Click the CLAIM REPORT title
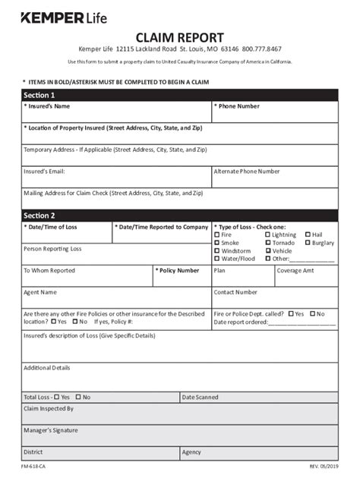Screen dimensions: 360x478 (x=179, y=37)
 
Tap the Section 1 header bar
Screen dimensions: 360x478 (x=179, y=95)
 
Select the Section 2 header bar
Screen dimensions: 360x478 (x=179, y=215)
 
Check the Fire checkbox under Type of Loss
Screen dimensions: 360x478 (x=217, y=235)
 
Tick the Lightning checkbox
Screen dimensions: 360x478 (x=268, y=235)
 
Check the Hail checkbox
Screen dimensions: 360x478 (x=308, y=235)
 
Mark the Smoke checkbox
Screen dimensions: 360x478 (x=217, y=243)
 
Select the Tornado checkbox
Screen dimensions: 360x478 (x=268, y=243)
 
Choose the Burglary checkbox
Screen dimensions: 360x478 (x=308, y=243)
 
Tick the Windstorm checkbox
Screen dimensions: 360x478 (x=217, y=250)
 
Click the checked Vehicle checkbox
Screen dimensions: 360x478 (x=268, y=250)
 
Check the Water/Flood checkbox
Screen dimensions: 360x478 (x=217, y=259)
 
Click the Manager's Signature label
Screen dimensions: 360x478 (x=50, y=430)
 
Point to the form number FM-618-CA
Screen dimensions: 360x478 (x=33, y=467)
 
